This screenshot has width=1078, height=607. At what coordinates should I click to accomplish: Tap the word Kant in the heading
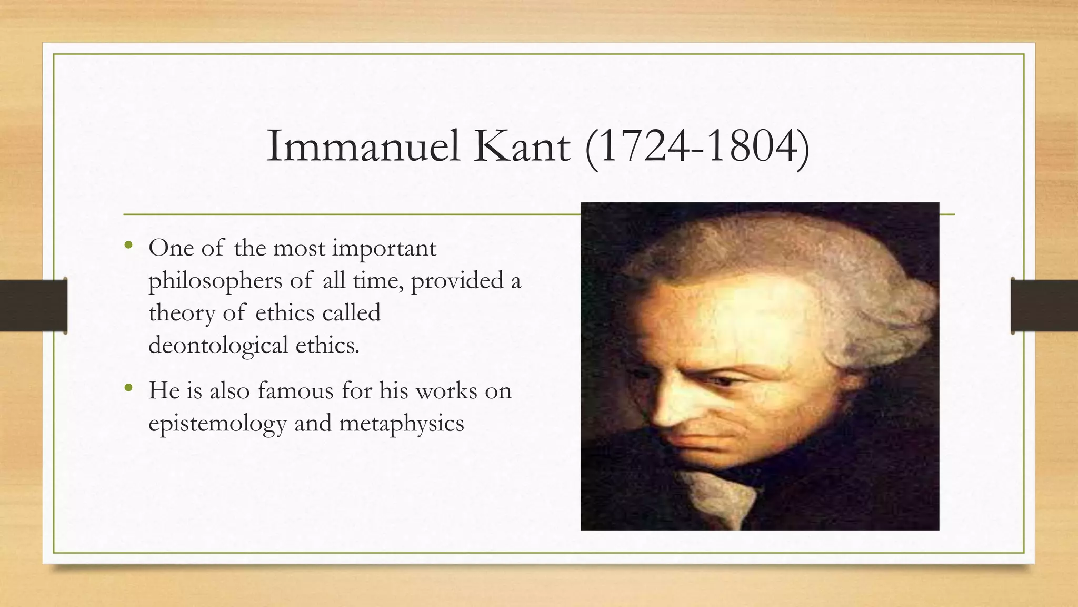pyautogui.click(x=522, y=146)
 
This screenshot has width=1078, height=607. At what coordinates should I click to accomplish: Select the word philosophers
pyautogui.click(x=215, y=281)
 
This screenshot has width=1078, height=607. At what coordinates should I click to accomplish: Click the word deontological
pyautogui.click(x=218, y=345)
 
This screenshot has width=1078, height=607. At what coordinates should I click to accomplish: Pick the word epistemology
pyautogui.click(x=217, y=423)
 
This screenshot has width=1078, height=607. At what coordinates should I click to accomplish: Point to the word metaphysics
pyautogui.click(x=401, y=423)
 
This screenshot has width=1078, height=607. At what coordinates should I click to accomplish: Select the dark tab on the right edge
pyautogui.click(x=1044, y=306)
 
